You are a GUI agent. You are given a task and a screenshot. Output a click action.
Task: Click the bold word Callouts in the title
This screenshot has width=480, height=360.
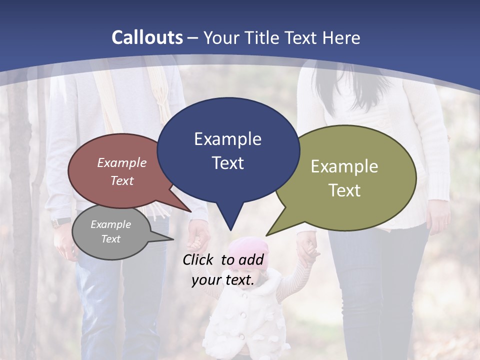click(147, 37)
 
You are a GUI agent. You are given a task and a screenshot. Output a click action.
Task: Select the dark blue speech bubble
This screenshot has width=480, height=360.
click(228, 150)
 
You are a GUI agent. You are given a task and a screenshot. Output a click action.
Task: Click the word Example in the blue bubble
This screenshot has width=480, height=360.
click(228, 139)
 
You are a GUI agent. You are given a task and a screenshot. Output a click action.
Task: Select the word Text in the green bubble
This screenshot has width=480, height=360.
click(345, 190)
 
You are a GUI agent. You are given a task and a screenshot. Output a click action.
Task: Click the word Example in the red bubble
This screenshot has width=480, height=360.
click(122, 162)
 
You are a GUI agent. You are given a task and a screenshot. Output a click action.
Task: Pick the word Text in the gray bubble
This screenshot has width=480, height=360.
click(111, 239)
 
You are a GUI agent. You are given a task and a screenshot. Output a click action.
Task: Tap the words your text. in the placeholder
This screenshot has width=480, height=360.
click(223, 280)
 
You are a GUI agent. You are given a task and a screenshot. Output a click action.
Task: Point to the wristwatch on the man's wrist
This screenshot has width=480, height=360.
click(61, 221)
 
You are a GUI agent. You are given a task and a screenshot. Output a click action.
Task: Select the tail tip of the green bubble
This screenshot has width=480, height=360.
click(267, 235)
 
